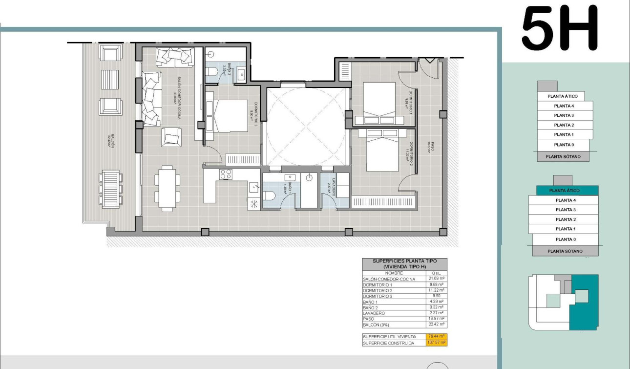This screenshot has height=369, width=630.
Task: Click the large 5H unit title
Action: click(560, 28)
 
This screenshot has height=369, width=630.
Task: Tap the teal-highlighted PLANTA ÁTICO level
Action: click(564, 191)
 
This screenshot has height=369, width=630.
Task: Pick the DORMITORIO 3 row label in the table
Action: click(378, 296)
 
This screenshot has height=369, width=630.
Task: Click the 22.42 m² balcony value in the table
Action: click(437, 324)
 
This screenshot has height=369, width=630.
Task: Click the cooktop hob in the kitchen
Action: click(226, 174)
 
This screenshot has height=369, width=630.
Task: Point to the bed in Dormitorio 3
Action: click(227, 116)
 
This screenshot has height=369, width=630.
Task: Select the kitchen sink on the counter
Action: click(254, 186)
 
